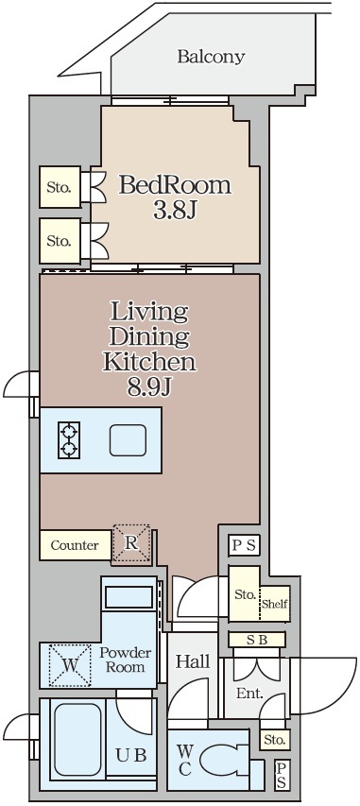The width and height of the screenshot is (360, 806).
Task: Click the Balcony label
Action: click(x=211, y=56)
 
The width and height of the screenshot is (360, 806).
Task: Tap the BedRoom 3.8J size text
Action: click(x=175, y=212)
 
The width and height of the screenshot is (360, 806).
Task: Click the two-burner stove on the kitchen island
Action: click(x=69, y=440)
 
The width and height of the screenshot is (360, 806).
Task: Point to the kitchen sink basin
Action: click(x=128, y=440)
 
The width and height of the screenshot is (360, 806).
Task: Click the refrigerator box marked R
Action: click(x=131, y=544)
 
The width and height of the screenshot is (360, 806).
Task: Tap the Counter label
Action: click(x=75, y=545)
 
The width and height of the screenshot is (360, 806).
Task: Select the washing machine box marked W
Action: click(x=69, y=665)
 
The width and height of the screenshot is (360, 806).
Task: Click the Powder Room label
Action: click(x=125, y=660)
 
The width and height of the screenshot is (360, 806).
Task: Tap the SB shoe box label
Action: click(x=257, y=640)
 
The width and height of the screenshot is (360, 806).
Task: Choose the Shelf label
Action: click(x=274, y=604)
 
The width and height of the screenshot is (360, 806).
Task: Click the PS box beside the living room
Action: click(x=245, y=546)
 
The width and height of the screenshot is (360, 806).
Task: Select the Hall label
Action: click(x=193, y=661)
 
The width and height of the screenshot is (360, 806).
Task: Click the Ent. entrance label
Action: click(x=249, y=694)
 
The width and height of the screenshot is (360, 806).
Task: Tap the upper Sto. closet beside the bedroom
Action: click(x=60, y=187)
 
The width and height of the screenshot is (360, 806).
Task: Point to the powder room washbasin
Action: click(x=129, y=597)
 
